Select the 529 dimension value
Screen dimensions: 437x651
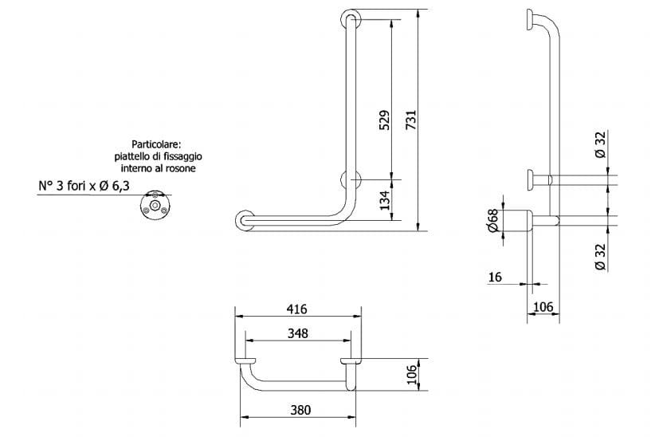383,120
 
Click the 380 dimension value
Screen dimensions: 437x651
299,410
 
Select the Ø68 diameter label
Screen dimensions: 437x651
492,222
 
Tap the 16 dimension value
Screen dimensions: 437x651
495,277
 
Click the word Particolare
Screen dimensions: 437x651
157,144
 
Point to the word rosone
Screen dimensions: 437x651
181,169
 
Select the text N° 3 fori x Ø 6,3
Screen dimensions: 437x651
84,187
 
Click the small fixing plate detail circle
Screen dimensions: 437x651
152,207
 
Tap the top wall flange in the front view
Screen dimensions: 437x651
349,20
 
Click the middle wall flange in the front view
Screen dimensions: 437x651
350,179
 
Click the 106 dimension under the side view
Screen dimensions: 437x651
543,307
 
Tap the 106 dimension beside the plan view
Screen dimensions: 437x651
411,376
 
